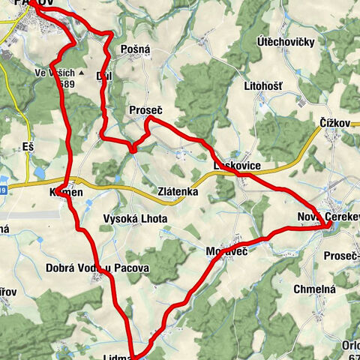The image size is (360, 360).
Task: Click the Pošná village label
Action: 135,49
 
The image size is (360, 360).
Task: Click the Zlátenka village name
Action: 177,192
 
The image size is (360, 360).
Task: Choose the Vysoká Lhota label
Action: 135,219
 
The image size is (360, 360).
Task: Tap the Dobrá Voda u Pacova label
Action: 97,268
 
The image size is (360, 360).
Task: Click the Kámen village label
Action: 65,192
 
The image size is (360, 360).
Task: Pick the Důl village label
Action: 105,76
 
